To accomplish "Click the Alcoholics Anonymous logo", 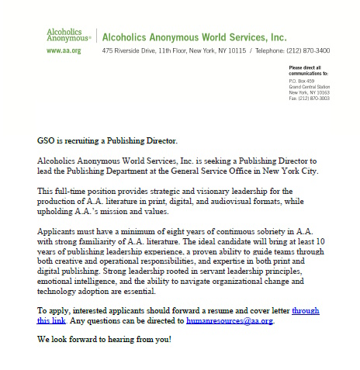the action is pos(68,36).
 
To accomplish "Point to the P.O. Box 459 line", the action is pos(300,81).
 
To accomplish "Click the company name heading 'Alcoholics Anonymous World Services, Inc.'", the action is pos(194,36).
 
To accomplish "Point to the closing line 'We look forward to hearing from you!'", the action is pos(104,340).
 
